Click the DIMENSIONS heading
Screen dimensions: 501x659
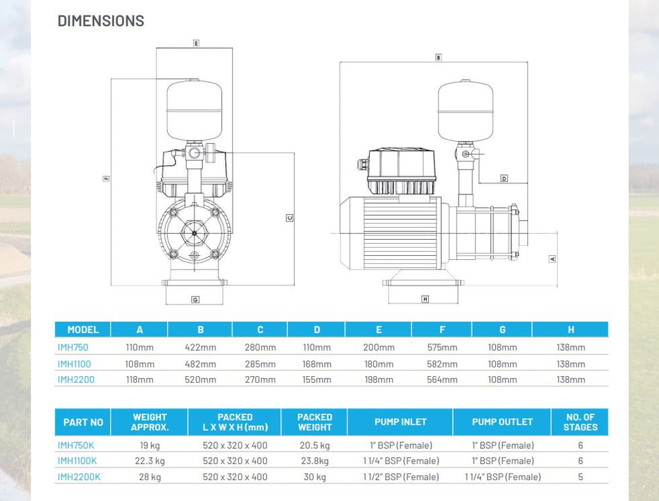(101, 21)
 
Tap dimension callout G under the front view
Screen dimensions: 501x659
(195, 299)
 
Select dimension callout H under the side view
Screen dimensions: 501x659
(425, 299)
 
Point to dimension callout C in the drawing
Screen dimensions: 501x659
(289, 217)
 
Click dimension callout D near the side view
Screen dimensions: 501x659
(504, 178)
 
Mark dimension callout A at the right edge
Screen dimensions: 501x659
(552, 259)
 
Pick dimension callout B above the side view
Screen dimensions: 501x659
(438, 58)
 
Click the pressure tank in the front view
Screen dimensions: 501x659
(194, 111)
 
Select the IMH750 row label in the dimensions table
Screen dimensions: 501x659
(73, 347)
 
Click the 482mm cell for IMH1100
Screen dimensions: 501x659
(200, 364)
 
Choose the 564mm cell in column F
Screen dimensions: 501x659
(442, 379)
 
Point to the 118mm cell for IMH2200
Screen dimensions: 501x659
(140, 379)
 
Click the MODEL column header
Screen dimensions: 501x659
(83, 329)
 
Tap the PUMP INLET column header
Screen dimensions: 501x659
(401, 422)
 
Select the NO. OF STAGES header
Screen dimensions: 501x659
(579, 422)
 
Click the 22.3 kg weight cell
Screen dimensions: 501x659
(150, 461)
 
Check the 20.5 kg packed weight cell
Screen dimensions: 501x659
(315, 446)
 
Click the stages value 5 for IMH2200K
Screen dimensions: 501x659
(580, 477)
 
